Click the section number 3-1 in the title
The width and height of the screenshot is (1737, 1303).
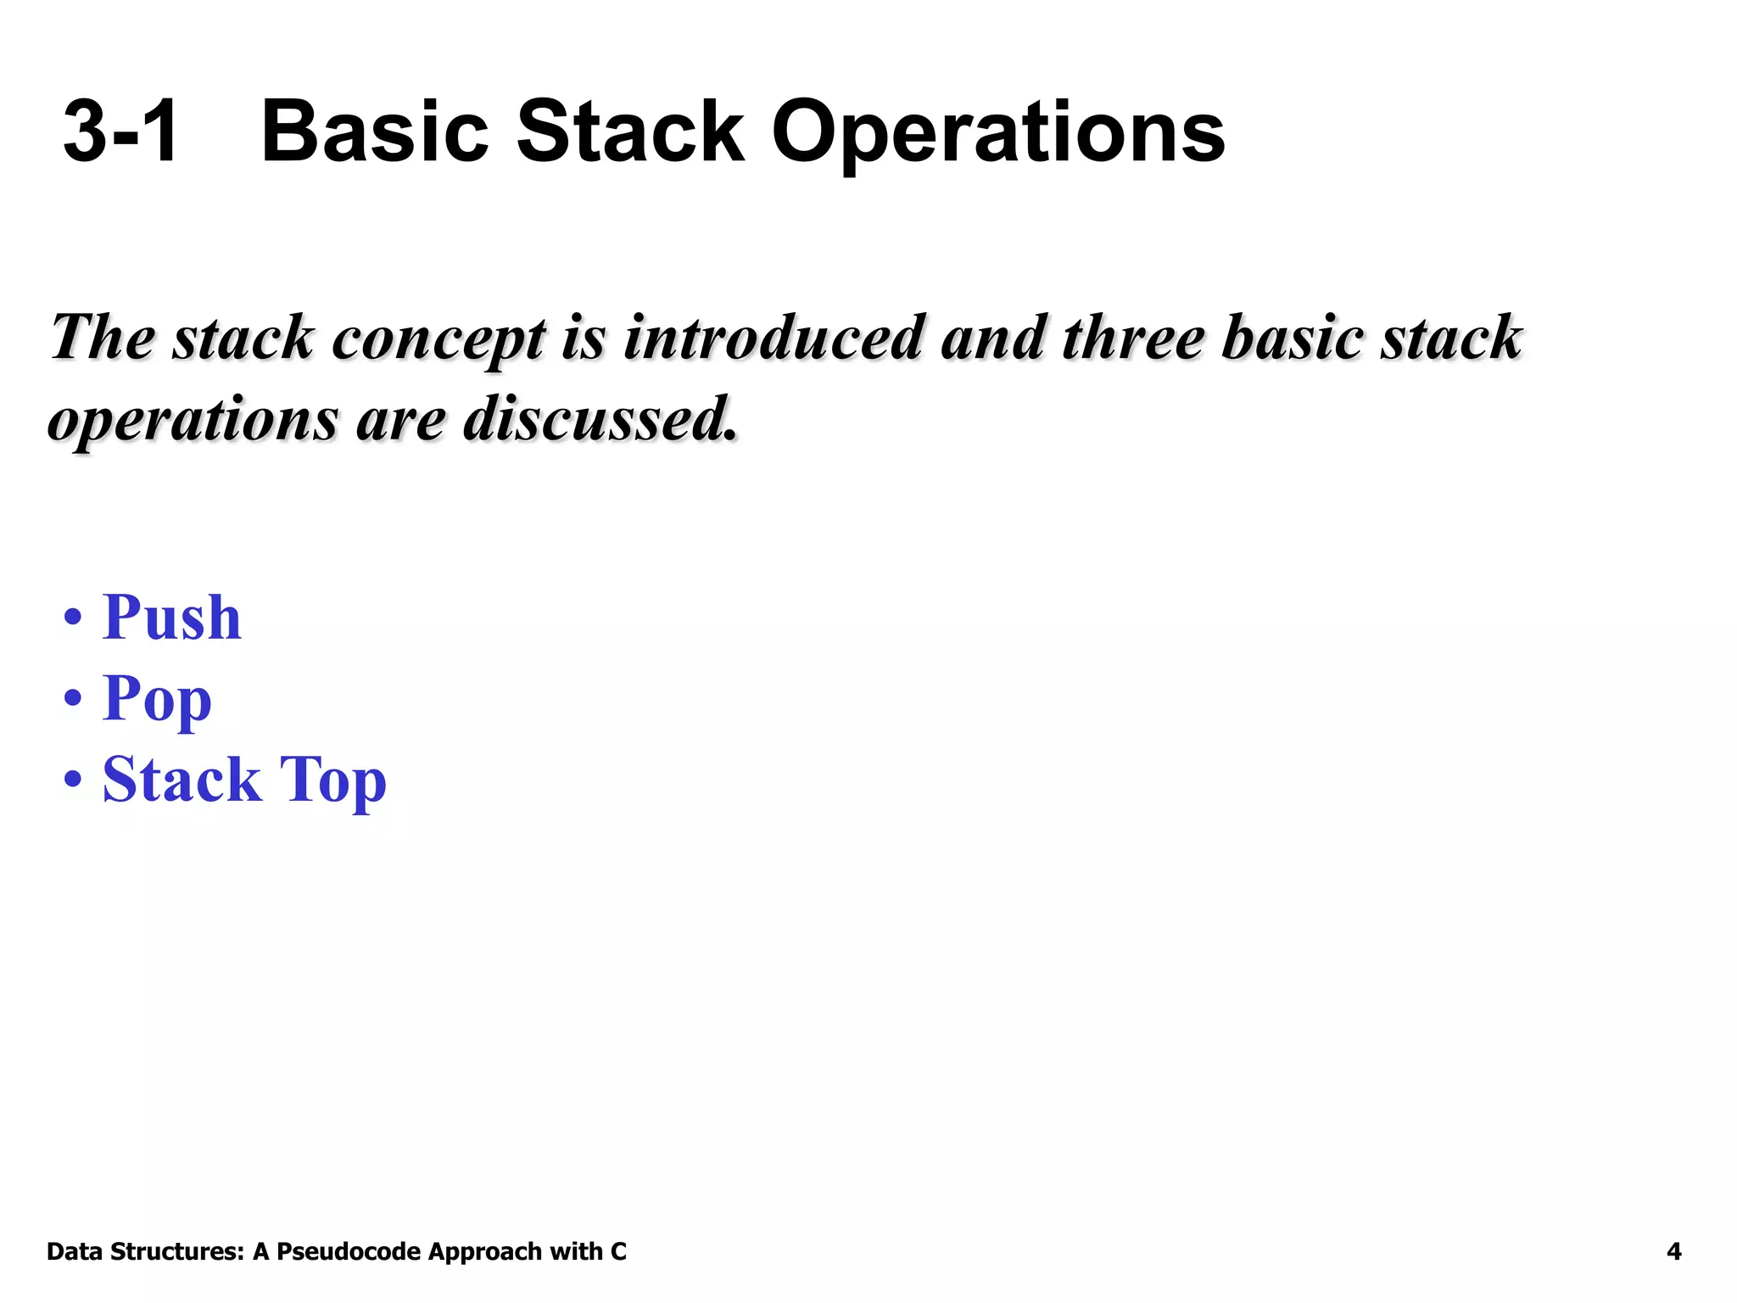(x=121, y=131)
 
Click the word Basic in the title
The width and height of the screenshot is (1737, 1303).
(x=374, y=131)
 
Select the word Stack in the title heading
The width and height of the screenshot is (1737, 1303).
(x=630, y=131)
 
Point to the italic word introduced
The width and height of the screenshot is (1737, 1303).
(x=773, y=338)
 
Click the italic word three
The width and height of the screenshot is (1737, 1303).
(x=1133, y=338)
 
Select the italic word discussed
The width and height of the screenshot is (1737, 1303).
(x=600, y=419)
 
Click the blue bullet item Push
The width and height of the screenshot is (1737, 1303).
(x=171, y=617)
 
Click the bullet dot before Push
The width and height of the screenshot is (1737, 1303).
(x=74, y=618)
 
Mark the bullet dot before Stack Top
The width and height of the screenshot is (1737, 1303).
(x=74, y=780)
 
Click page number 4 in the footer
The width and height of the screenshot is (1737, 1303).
(x=1673, y=1251)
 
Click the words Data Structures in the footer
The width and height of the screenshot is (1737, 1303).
(x=145, y=1251)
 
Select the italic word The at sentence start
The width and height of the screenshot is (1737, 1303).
(x=103, y=338)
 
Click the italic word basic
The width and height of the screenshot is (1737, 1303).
(x=1293, y=338)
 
